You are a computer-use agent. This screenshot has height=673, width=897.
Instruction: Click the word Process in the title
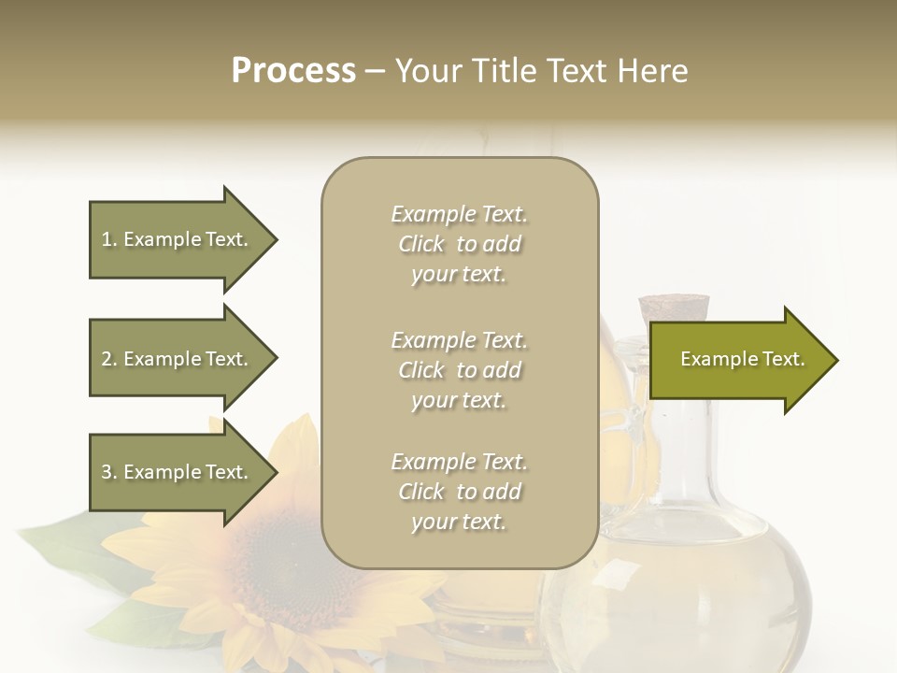click(293, 71)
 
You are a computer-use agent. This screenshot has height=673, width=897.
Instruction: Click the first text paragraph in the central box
click(459, 244)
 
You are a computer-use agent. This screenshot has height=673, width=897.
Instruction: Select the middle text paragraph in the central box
click(459, 370)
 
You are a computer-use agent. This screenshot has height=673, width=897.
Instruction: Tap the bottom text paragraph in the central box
click(459, 492)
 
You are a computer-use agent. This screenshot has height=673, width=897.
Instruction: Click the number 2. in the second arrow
click(109, 359)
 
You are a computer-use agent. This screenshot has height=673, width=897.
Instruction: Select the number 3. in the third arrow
click(109, 472)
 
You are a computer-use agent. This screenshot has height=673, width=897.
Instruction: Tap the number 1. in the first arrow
click(109, 239)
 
